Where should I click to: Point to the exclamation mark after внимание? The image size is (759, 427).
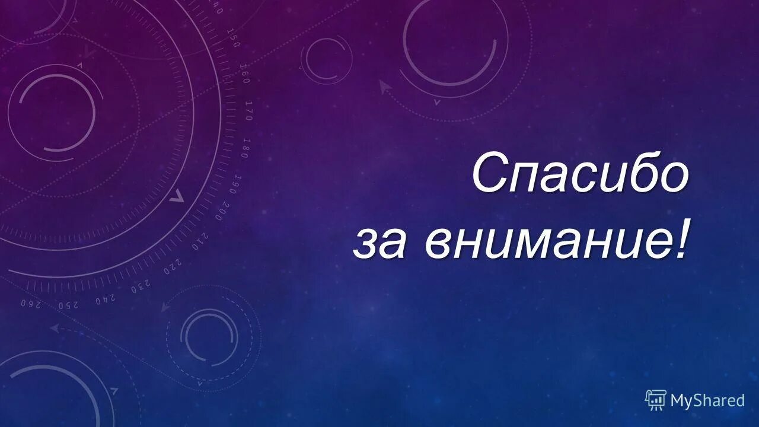pyautogui.click(x=683, y=241)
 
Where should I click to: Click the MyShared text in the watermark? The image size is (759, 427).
pyautogui.click(x=707, y=400)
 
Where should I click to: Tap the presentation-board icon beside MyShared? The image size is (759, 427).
pyautogui.click(x=655, y=400)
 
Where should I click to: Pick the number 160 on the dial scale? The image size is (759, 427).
pyautogui.click(x=244, y=73)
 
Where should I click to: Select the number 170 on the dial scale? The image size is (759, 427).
pyautogui.click(x=248, y=110)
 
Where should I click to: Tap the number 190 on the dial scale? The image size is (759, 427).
pyautogui.click(x=237, y=184)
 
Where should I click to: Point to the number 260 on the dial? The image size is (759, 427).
pyautogui.click(x=30, y=304)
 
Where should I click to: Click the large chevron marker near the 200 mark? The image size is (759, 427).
pyautogui.click(x=177, y=196)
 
